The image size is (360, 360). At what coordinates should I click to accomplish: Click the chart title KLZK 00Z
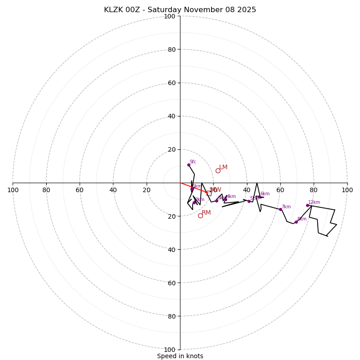tap(180, 10)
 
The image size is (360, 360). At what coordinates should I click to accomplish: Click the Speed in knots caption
tap(180, 356)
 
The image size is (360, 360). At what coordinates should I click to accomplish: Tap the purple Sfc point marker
tap(189, 165)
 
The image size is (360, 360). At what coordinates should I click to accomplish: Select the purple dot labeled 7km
tap(280, 209)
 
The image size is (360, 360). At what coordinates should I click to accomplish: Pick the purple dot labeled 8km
tap(296, 222)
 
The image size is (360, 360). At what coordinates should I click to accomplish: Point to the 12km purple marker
tap(307, 205)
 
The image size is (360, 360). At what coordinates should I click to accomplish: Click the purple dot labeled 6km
tap(260, 197)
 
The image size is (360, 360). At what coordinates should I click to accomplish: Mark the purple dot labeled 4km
tap(225, 199)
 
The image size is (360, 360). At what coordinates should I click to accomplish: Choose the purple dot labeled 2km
tap(194, 202)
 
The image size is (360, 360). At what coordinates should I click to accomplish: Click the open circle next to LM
tap(218, 171)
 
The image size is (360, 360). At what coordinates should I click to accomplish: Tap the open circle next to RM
tap(200, 216)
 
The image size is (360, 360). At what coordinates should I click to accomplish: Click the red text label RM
tap(206, 213)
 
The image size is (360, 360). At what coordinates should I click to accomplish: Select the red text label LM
tap(223, 167)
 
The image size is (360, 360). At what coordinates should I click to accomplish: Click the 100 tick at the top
tap(170, 16)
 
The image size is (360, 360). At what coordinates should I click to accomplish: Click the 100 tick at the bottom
tap(170, 350)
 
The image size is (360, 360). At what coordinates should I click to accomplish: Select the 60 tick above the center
tap(171, 83)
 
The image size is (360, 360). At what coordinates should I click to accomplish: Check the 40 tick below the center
tap(171, 250)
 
